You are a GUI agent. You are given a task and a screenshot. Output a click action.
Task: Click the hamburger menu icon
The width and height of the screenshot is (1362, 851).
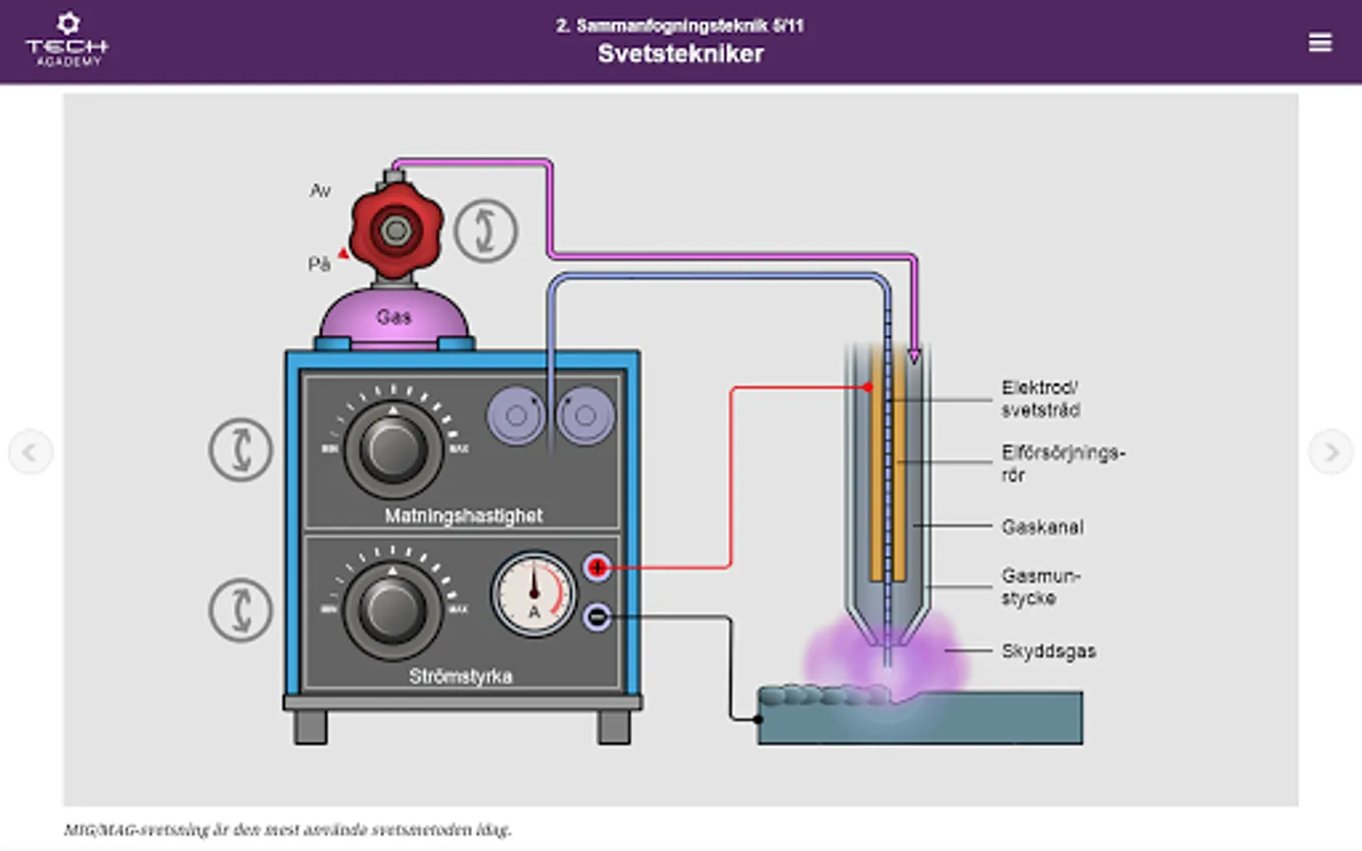pos(1319,43)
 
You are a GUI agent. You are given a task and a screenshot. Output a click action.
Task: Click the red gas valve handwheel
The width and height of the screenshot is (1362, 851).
pos(395,230)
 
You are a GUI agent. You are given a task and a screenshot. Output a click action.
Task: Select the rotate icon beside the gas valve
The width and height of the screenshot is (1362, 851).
pos(485,231)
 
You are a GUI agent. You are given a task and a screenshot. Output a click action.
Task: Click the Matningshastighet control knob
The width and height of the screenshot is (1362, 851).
pos(393,450)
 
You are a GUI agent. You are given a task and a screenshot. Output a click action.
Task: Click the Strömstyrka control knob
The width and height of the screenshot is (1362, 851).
pos(393,610)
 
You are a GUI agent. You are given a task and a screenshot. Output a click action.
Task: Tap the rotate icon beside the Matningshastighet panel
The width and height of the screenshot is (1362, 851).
pos(240,449)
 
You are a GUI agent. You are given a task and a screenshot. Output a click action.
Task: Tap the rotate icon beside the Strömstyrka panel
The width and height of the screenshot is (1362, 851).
pos(240,610)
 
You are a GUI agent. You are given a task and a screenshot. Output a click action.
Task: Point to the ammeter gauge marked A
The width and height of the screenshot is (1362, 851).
pos(533,594)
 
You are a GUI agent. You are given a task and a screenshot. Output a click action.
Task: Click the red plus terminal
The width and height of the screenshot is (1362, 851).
pos(597,567)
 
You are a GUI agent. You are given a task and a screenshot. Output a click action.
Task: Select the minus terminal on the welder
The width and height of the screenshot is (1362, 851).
pos(597,617)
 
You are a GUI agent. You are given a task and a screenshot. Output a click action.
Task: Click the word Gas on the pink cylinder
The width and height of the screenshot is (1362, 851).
pos(393,317)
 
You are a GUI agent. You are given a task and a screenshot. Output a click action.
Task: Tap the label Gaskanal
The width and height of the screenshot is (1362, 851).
pos(1042,527)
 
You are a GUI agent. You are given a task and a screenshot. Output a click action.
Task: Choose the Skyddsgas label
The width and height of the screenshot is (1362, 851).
pos(1048,651)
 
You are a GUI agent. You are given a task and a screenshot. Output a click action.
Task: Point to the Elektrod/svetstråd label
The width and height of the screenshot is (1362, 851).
pos(1040,398)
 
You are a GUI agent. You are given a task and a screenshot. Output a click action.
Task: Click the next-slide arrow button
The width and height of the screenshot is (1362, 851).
pos(1331,452)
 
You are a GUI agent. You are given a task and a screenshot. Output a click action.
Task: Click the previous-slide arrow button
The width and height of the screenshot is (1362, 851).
pos(30,452)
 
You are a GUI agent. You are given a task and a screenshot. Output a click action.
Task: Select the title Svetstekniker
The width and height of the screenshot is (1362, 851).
pos(680,54)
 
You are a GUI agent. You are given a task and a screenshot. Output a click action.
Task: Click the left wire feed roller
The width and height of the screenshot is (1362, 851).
pos(515,415)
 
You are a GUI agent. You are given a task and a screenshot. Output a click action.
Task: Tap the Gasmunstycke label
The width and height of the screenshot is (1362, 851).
pos(1039,586)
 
